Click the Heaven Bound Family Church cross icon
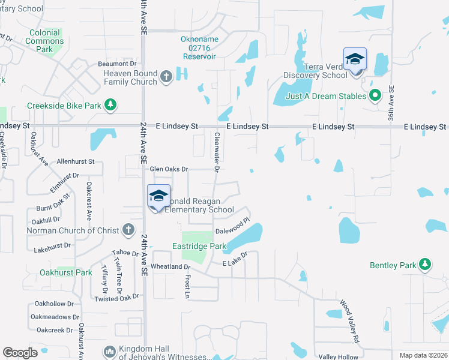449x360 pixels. (x=167, y=77)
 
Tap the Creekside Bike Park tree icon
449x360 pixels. (x=110, y=106)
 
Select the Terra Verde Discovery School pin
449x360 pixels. (x=355, y=59)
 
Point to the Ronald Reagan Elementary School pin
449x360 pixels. (x=158, y=197)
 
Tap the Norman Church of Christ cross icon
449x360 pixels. (x=128, y=230)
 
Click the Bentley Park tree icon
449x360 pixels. (x=425, y=264)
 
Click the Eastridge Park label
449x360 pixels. (x=199, y=247)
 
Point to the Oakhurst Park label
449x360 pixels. (x=66, y=272)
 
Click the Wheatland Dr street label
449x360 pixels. (x=170, y=266)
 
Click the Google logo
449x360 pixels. (x=20, y=353)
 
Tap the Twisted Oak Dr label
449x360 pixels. (x=116, y=298)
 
